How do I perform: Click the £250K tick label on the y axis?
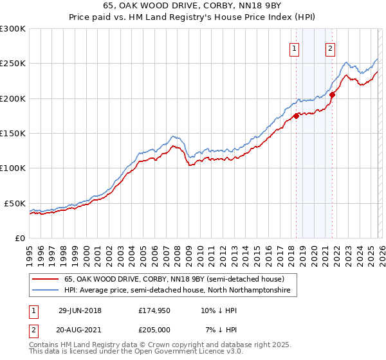click(13, 64)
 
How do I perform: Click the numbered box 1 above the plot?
click(294, 48)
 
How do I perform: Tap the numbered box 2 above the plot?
click(330, 48)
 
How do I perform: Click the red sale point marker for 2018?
click(296, 116)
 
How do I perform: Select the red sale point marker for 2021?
click(332, 95)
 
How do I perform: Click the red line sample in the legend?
click(46, 279)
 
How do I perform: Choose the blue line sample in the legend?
click(46, 291)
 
